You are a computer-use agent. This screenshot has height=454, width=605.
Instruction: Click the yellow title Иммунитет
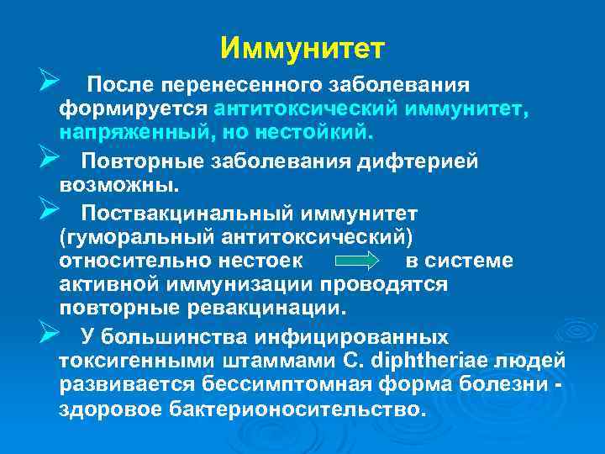[x=302, y=47]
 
